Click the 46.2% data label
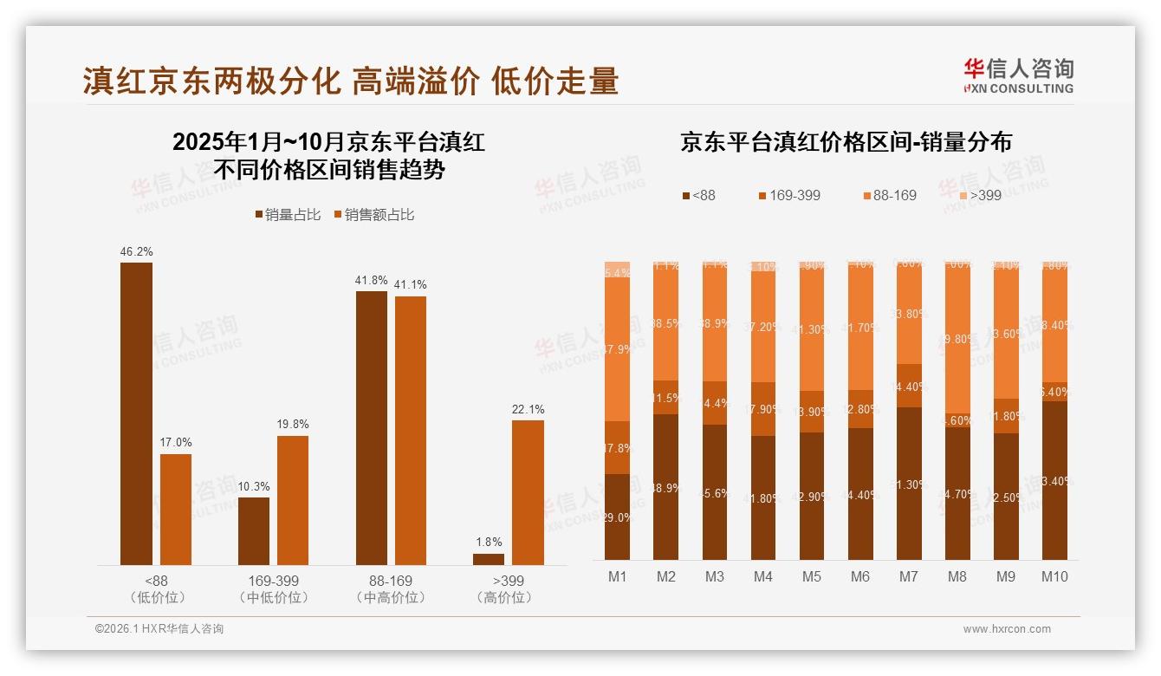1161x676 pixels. pyautogui.click(x=136, y=252)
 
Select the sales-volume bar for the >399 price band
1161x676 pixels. pyautogui.click(x=489, y=559)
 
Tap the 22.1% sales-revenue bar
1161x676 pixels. pyautogui.click(x=528, y=492)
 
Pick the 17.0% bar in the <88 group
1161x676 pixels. pyautogui.click(x=176, y=510)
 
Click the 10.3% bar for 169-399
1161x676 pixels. pyautogui.click(x=254, y=531)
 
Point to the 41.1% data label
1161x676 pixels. pyautogui.click(x=411, y=285)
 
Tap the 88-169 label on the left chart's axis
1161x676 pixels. pyautogui.click(x=391, y=581)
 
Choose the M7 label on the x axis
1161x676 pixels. pyautogui.click(x=908, y=576)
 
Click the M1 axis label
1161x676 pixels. pyautogui.click(x=617, y=576)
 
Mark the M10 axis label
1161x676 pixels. pyautogui.click(x=1054, y=576)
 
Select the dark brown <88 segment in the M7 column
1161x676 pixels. pyautogui.click(x=908, y=484)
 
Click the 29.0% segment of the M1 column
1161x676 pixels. pyautogui.click(x=617, y=517)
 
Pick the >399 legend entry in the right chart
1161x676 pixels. pyautogui.click(x=978, y=196)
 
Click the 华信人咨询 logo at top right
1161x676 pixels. pyautogui.click(x=1018, y=75)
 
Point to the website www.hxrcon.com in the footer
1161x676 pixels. pyautogui.click(x=1007, y=629)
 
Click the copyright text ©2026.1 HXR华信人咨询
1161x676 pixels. pyautogui.click(x=159, y=629)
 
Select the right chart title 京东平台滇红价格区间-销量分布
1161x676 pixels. pyautogui.click(x=846, y=143)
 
